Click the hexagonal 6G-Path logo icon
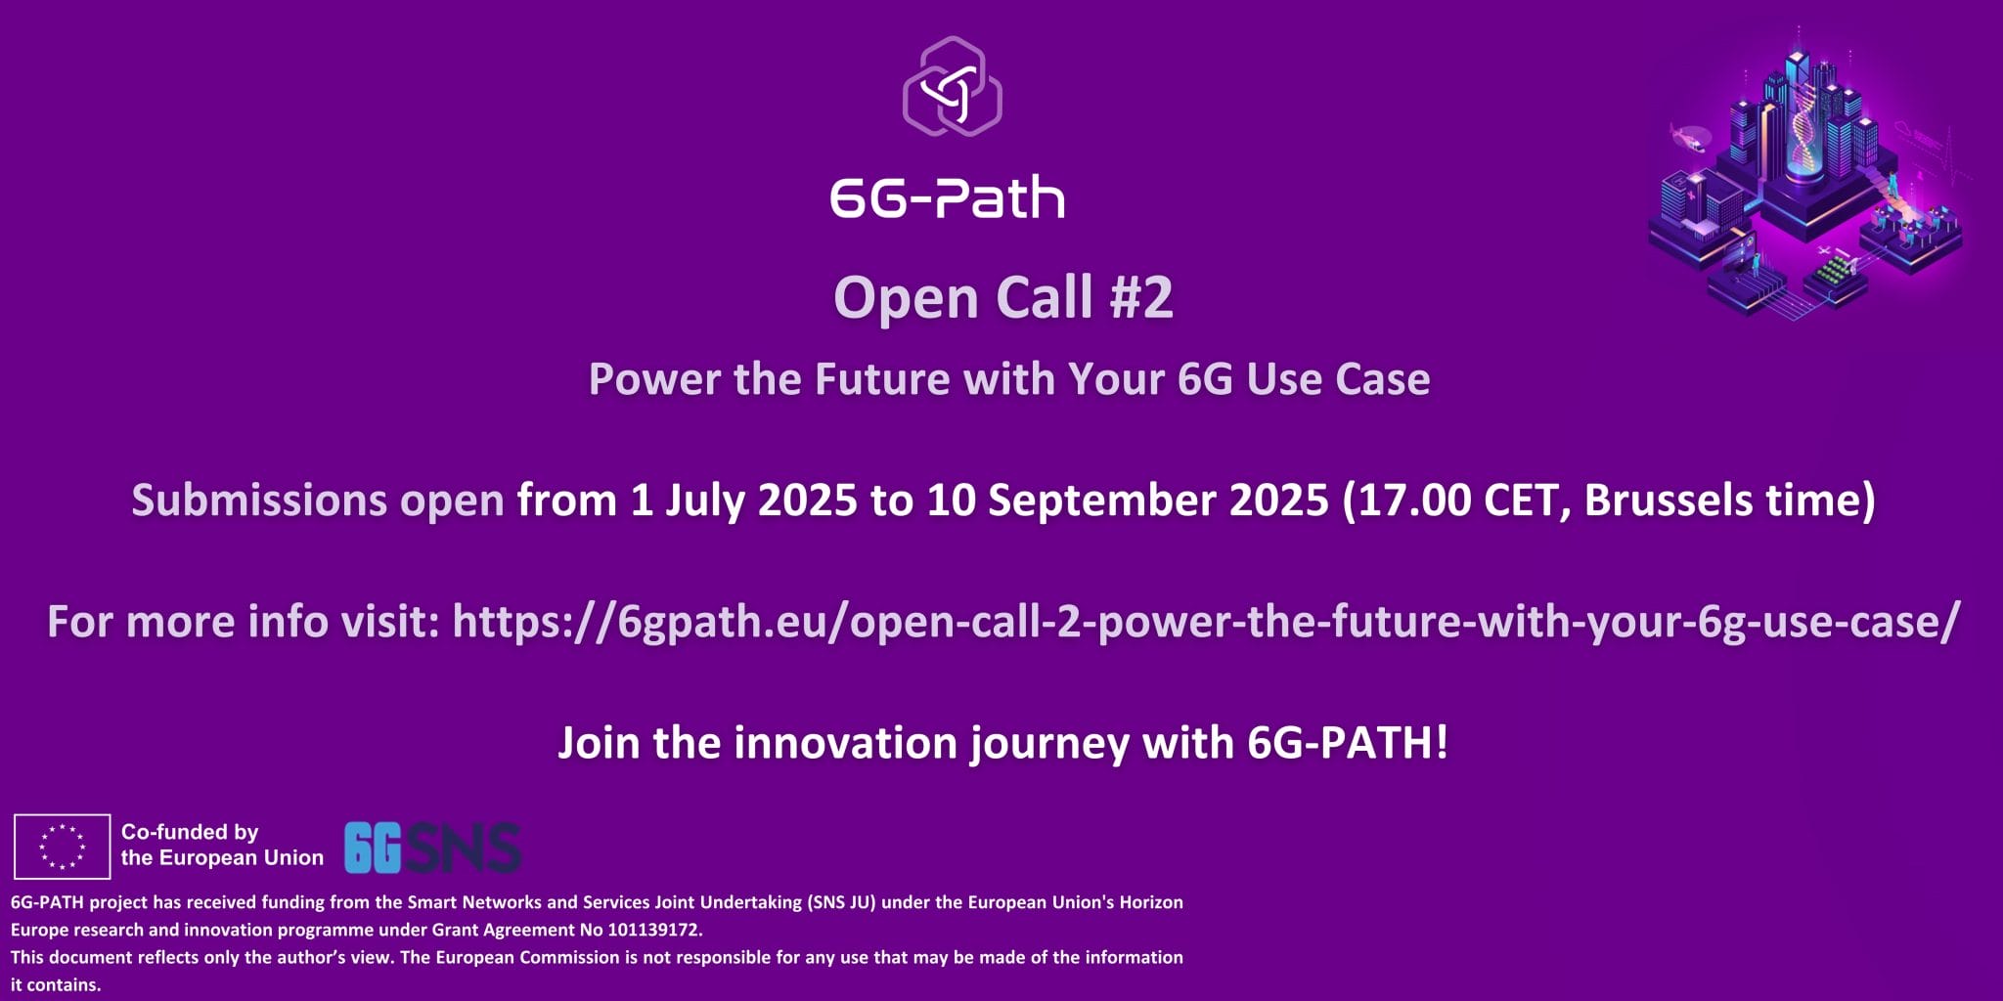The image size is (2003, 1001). (952, 86)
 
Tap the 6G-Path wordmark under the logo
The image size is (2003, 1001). (948, 197)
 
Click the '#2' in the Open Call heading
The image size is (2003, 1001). (1141, 297)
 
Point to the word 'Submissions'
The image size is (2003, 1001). (260, 500)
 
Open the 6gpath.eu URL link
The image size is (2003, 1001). (1206, 623)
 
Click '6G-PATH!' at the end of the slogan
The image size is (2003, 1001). (1348, 743)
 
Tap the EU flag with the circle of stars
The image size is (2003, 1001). (62, 847)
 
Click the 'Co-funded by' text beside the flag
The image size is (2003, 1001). (190, 832)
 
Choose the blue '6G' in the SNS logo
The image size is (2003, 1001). (373, 848)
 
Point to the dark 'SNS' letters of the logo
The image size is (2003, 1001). (462, 848)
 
